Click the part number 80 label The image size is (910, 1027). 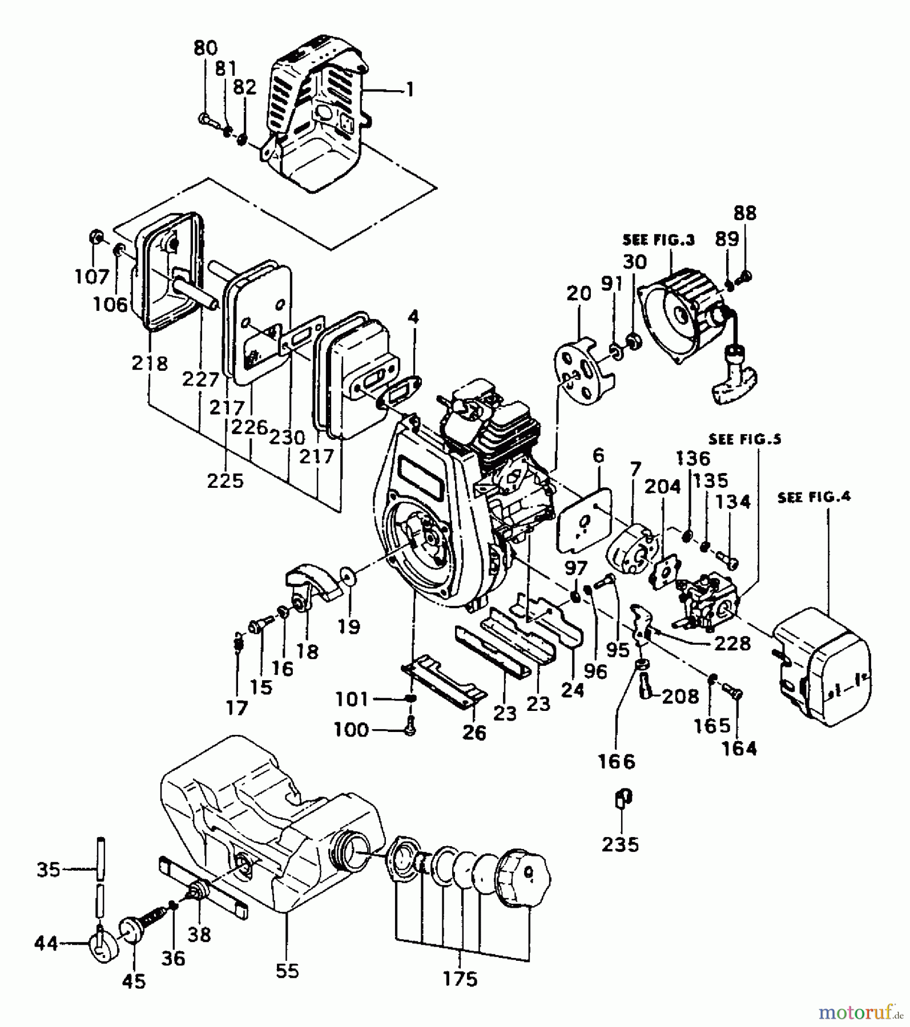pyautogui.click(x=205, y=48)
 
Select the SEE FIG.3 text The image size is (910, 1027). pyautogui.click(x=658, y=240)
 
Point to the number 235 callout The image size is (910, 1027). pyautogui.click(x=620, y=844)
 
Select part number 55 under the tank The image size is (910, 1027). pyautogui.click(x=287, y=971)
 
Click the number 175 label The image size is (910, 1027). pyautogui.click(x=460, y=979)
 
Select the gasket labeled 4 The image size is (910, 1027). pyautogui.click(x=400, y=393)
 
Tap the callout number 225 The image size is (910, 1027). pyautogui.click(x=226, y=481)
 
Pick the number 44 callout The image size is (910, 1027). pyautogui.click(x=46, y=944)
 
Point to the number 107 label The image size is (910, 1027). pyautogui.click(x=91, y=277)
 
